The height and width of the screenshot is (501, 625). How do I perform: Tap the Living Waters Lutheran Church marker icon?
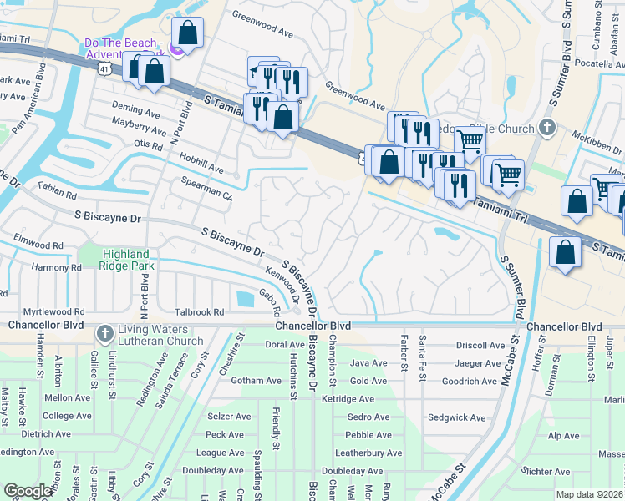pyautogui.click(x=104, y=334)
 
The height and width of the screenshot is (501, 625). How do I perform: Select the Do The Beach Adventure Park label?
pyautogui.click(x=125, y=48)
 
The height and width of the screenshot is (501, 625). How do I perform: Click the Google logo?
pyautogui.click(x=28, y=491)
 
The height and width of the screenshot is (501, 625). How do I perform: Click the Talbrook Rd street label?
pyautogui.click(x=201, y=311)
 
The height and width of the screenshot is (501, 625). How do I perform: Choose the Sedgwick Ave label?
pyautogui.click(x=456, y=417)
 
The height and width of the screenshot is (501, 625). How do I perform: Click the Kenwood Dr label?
pyautogui.click(x=283, y=285)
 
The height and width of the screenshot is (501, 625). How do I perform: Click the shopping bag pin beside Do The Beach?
pyautogui.click(x=189, y=33)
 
